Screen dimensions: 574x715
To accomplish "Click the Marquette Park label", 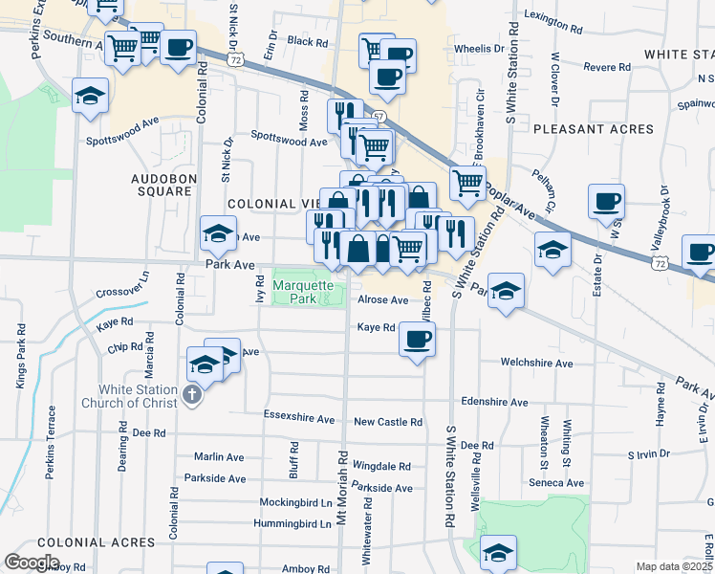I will coord(303,291).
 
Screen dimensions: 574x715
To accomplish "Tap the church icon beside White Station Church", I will coord(191,395).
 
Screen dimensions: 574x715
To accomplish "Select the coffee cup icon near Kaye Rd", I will coord(416,339).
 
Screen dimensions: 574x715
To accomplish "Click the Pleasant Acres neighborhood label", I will coord(593,128).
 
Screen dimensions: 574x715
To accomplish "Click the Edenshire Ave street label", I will coord(493,403).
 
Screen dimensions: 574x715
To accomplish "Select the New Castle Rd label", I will coord(387,422).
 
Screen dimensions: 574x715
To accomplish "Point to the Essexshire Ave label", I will coord(298,419).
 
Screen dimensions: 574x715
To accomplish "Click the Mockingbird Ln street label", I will coord(295,501).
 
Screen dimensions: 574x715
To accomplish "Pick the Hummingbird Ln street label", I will coord(292,523).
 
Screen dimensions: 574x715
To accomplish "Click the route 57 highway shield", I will coord(379,117).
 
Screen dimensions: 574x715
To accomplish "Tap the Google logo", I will coord(32,562).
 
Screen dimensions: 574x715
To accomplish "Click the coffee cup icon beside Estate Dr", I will coord(606,202).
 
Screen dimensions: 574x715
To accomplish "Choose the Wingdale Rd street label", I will coord(381,467).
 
